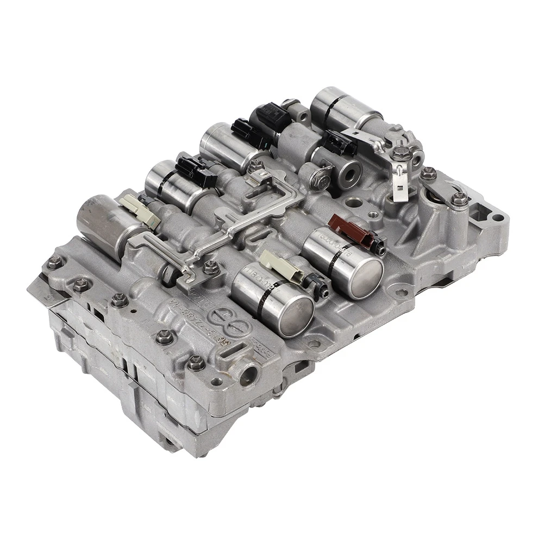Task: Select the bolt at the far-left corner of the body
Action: [x=53, y=265]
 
